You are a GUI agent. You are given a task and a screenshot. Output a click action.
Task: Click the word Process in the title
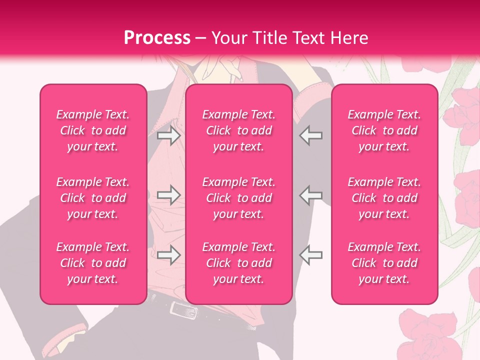157,38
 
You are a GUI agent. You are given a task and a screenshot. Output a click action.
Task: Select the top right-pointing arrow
168,135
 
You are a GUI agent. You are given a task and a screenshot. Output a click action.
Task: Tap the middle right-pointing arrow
168,195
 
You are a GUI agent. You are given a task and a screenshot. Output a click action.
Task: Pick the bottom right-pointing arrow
168,255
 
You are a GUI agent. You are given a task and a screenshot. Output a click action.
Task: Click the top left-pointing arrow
311,135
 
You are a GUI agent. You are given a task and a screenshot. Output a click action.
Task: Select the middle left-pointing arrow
311,195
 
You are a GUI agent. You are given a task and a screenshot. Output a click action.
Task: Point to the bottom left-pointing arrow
311,255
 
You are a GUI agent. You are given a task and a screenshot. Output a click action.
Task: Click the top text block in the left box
93,130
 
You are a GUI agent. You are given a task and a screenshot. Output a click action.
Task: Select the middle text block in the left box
93,198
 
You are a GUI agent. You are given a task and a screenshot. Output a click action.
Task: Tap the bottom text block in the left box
93,263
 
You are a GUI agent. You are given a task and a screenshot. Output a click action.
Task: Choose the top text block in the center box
238,130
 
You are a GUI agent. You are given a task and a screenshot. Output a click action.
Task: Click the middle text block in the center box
238,198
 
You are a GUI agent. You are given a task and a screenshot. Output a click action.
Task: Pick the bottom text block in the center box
238,263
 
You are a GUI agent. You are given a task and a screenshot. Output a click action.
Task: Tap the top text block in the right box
384,130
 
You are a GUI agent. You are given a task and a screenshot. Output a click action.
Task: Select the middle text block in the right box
384,198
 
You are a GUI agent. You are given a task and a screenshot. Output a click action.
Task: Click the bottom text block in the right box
384,263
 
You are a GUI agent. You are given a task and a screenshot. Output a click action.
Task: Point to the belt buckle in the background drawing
182,310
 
